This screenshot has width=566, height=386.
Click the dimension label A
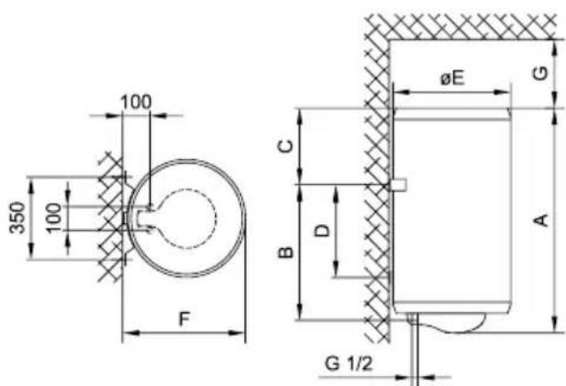coord(541,220)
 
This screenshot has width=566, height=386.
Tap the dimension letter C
coord(286,146)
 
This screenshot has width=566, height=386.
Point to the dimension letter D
coord(323,230)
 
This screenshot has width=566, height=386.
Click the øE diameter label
coord(452,77)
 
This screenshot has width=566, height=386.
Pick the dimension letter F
coord(184,318)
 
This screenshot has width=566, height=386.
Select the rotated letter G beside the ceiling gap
coord(540,73)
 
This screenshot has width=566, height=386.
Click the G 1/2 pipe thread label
coord(348,363)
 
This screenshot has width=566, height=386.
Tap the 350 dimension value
coord(18,218)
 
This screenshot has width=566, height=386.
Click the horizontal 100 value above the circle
coord(136,102)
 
